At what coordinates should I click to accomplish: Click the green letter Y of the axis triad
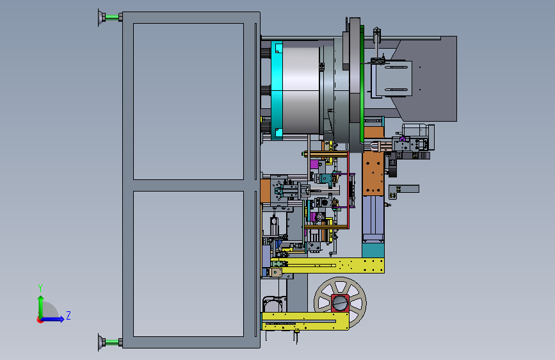40,288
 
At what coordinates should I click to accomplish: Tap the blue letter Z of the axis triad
68,315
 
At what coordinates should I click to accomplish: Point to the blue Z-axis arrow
52,319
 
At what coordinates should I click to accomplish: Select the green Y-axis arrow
41,307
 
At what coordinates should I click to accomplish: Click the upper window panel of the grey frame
188,101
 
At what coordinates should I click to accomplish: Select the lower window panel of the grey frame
188,264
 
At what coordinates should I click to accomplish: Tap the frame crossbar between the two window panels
188,185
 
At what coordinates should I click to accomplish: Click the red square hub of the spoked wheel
340,303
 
